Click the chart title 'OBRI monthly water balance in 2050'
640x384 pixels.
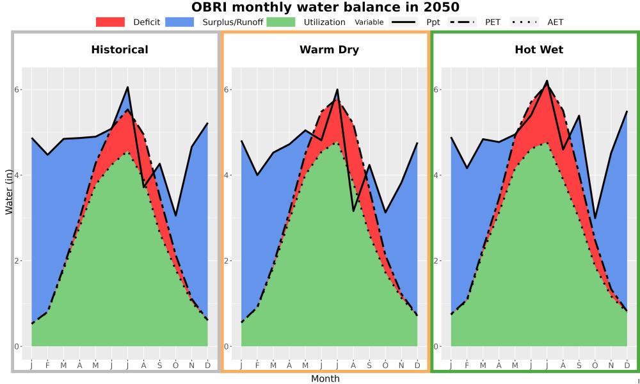pyautogui.click(x=325, y=7)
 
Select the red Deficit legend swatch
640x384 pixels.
pyautogui.click(x=110, y=22)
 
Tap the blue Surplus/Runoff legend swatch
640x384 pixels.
pyautogui.click(x=180, y=22)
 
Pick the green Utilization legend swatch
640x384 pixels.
pyautogui.click(x=281, y=22)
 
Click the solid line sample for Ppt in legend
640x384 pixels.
pyautogui.click(x=403, y=22)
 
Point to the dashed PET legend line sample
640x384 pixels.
pyautogui.click(x=462, y=22)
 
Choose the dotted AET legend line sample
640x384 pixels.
pyautogui.click(x=525, y=22)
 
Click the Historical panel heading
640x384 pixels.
pyautogui.click(x=120, y=50)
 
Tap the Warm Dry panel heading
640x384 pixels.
pyautogui.click(x=330, y=50)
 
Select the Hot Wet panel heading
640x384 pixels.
pyautogui.click(x=539, y=50)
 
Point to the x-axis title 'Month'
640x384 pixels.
pyautogui.click(x=325, y=379)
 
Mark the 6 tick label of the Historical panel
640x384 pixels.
pyautogui.click(x=17, y=90)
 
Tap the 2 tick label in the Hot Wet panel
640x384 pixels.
pyautogui.click(x=436, y=260)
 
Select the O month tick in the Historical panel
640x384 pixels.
pyautogui.click(x=175, y=365)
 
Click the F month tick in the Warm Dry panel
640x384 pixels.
pyautogui.click(x=257, y=365)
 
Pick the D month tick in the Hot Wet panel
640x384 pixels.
pyautogui.click(x=627, y=365)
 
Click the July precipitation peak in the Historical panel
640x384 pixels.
pyautogui.click(x=128, y=87)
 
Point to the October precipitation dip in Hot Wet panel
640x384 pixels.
pyautogui.click(x=595, y=218)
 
